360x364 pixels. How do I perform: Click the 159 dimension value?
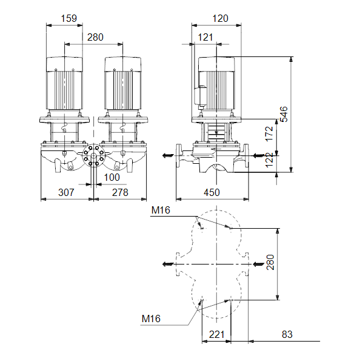coord(68,18)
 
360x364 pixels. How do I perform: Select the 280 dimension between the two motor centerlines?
coord(95,37)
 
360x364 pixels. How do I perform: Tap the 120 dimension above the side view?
coord(220,18)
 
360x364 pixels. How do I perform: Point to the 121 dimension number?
coord(205,37)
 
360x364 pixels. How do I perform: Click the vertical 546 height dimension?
coord(284,114)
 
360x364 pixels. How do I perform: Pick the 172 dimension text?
coord(269,133)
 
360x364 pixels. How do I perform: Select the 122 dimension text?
coord(269,160)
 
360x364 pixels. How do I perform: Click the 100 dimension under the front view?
coord(112,178)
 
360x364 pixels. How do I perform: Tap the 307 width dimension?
coord(66,192)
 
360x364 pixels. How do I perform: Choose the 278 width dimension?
coord(120,192)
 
